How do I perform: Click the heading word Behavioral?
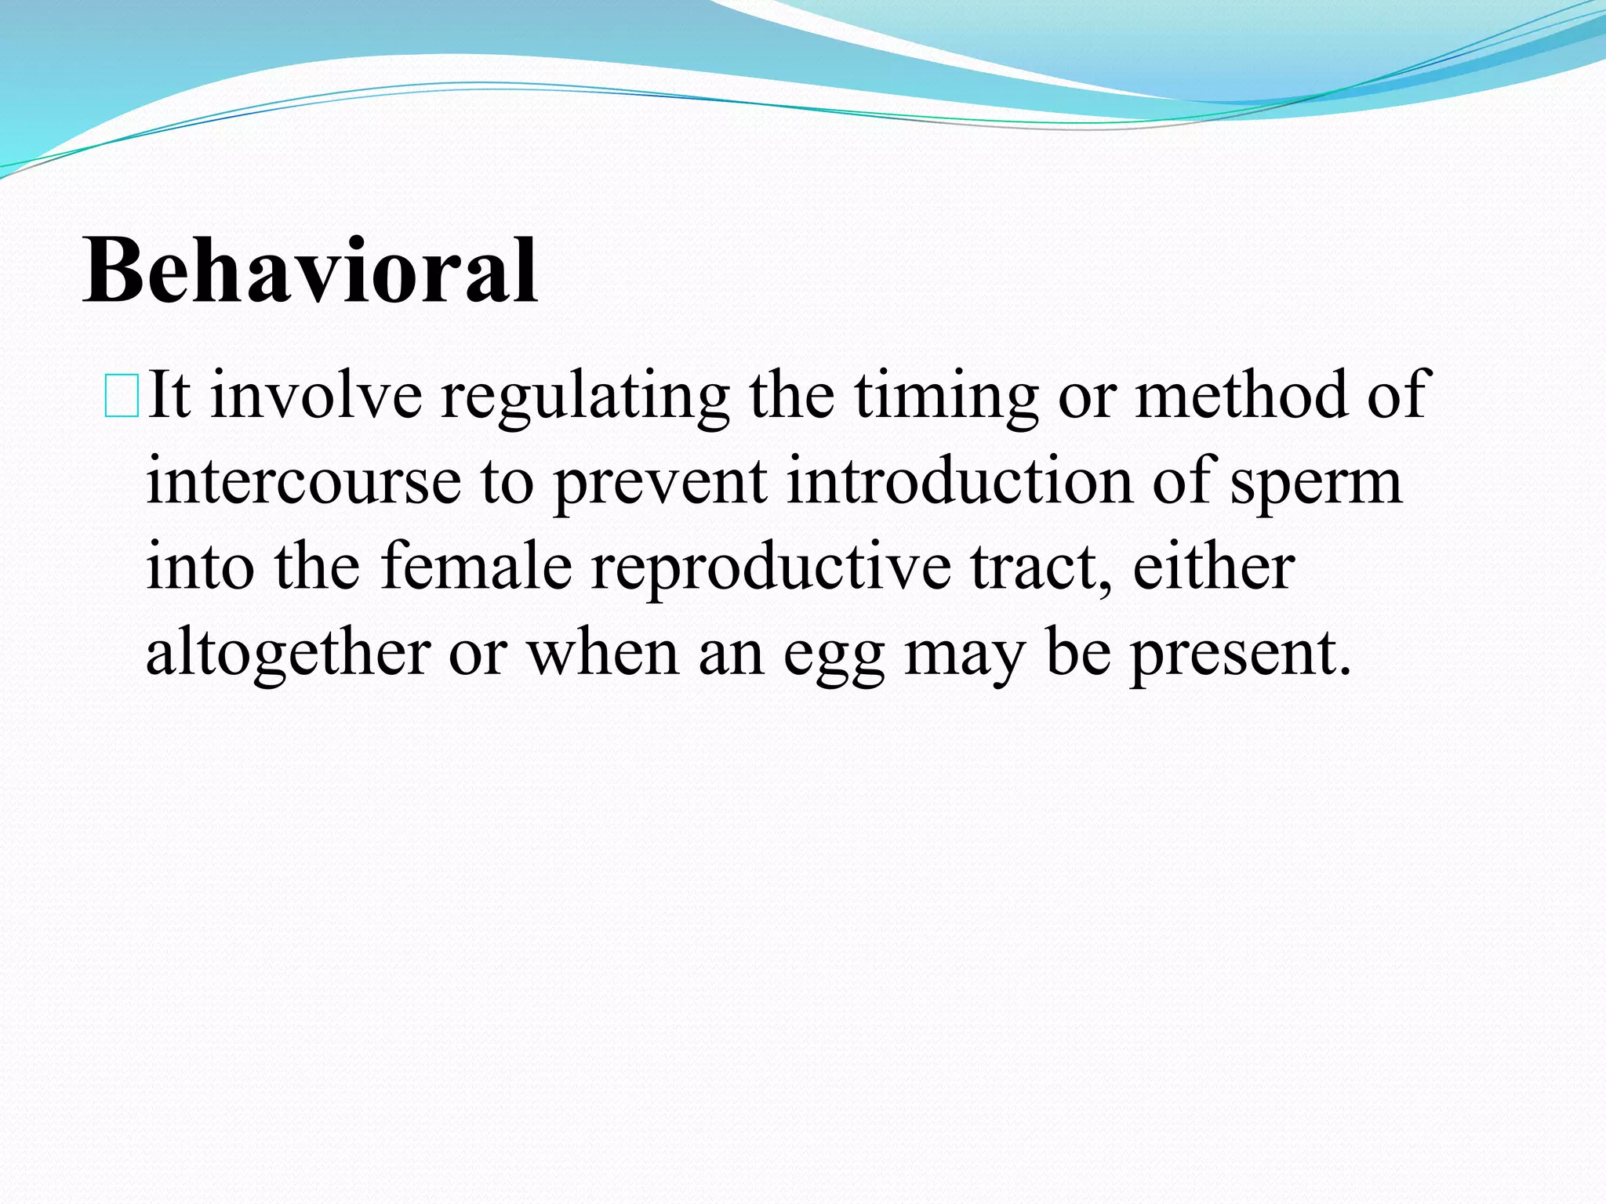[x=310, y=270]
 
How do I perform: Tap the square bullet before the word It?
[x=122, y=397]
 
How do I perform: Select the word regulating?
[x=584, y=397]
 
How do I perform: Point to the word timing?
[x=945, y=397]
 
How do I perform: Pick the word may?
[x=965, y=657]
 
